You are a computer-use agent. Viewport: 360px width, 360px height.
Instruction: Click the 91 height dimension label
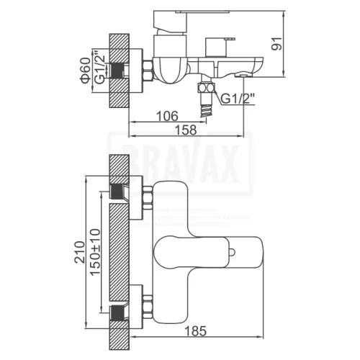pyautogui.click(x=276, y=44)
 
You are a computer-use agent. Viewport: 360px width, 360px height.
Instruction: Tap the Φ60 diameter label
pyautogui.click(x=86, y=71)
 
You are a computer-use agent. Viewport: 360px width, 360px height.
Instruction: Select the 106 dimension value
pyautogui.click(x=167, y=116)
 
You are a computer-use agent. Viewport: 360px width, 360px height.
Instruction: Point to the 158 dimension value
pyautogui.click(x=186, y=130)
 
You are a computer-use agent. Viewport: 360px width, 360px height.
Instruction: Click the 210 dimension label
pyautogui.click(x=80, y=252)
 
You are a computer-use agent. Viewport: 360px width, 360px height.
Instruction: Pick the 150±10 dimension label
pyautogui.click(x=95, y=251)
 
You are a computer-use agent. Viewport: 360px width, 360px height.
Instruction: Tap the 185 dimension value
pyautogui.click(x=196, y=330)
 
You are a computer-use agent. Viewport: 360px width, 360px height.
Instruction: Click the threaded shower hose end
pyautogui.click(x=206, y=110)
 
